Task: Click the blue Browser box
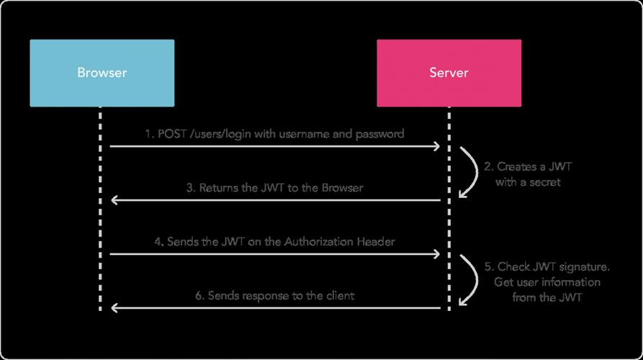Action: coord(102,73)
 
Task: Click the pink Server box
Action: coord(448,73)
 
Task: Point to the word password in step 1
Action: coord(379,133)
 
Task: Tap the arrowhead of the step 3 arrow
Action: coord(114,200)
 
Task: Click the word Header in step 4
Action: coord(375,242)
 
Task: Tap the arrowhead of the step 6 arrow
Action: coord(114,308)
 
